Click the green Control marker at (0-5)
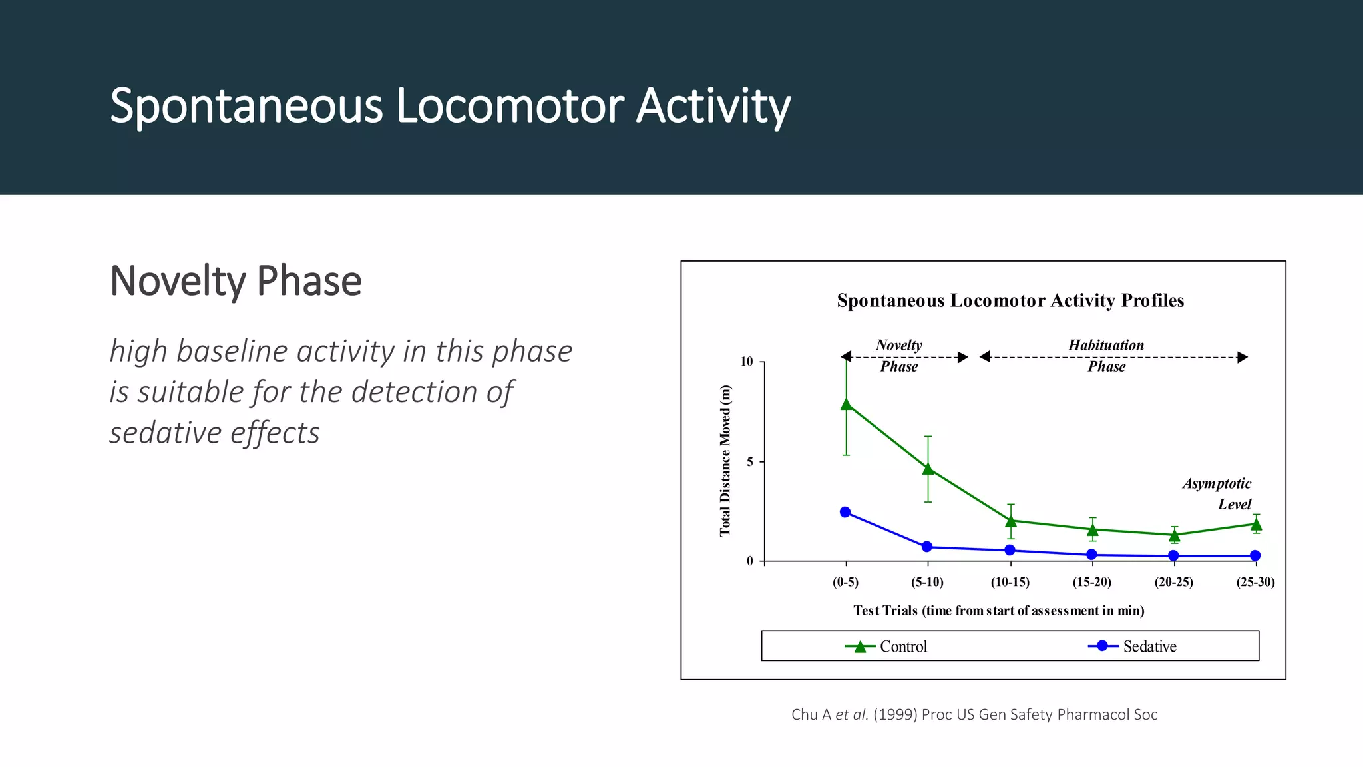[846, 404]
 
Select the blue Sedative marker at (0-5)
[845, 512]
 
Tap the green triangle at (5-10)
[928, 469]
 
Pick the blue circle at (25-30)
[1255, 556]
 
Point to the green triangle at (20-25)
[1175, 535]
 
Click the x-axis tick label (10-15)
[1010, 582]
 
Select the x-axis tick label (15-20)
[1091, 582]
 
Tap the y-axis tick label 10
[747, 362]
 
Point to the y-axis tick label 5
[750, 462]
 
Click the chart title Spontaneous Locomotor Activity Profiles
[1010, 300]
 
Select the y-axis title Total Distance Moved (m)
[725, 461]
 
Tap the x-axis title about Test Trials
[998, 611]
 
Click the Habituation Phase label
[1106, 355]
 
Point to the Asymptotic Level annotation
[1218, 493]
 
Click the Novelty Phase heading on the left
[236, 281]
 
